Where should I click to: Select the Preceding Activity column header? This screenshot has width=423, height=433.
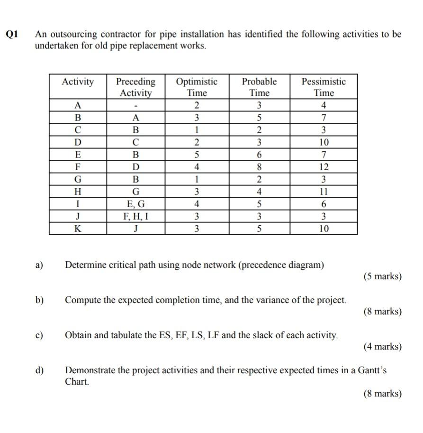pos(135,87)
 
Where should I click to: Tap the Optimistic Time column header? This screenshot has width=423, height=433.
pos(197,87)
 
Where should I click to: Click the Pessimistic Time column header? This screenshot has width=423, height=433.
pos(324,87)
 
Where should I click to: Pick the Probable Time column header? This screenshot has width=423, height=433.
pos(259,87)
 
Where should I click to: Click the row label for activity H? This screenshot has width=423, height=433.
pos(78,192)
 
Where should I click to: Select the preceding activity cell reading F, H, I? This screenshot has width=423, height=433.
pos(135,217)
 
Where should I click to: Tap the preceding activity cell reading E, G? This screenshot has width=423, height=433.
pos(135,204)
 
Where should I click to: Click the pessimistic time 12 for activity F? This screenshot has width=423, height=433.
pos(324,167)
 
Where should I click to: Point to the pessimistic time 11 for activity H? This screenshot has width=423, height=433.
pos(324,192)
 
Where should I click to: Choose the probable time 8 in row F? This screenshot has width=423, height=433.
pos(259,167)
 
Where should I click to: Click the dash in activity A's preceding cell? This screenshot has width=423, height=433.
pos(135,105)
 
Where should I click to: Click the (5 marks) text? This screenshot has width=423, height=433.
pos(383,276)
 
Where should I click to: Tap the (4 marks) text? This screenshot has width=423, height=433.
pos(383,347)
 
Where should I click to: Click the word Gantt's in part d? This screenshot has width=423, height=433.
pos(371,370)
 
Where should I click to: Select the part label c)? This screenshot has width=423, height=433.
pos(39,335)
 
